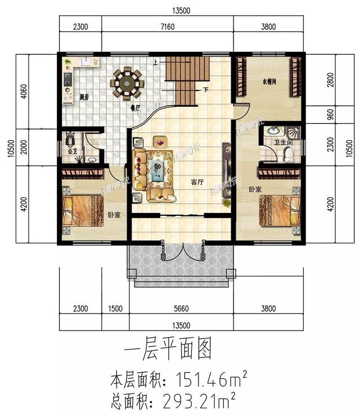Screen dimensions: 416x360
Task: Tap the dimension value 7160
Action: [x=168, y=26]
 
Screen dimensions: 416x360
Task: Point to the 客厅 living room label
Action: [x=197, y=182]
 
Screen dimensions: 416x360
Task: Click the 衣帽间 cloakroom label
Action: [x=271, y=82]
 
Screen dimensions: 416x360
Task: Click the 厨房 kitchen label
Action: [x=85, y=97]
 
